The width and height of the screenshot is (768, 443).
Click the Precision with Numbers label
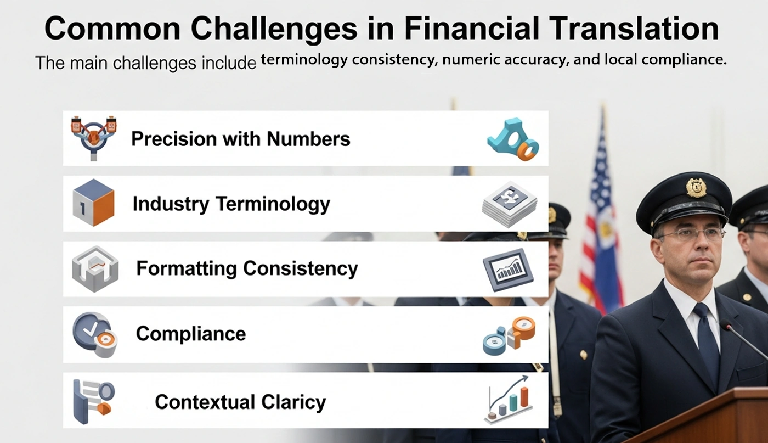pyautogui.click(x=241, y=139)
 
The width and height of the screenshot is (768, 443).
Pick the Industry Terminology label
pyautogui.click(x=231, y=204)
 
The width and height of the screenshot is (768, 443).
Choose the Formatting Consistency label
pyautogui.click(x=247, y=268)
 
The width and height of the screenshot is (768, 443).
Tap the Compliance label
pyautogui.click(x=191, y=334)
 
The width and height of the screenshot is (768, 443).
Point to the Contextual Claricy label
pyautogui.click(x=240, y=402)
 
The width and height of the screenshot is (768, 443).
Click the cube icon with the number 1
pyautogui.click(x=93, y=203)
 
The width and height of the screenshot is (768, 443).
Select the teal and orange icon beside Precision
pyautogui.click(x=513, y=139)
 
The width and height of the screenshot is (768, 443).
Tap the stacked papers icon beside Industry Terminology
pyautogui.click(x=510, y=204)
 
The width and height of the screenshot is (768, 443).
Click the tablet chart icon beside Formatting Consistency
pyautogui.click(x=508, y=270)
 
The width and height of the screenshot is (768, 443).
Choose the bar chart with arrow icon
pyautogui.click(x=509, y=400)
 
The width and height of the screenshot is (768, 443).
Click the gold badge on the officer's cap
pyautogui.click(x=696, y=187)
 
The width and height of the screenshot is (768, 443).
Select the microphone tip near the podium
pyautogui.click(x=725, y=324)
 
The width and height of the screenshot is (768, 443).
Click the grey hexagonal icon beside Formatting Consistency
pyautogui.click(x=95, y=269)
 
